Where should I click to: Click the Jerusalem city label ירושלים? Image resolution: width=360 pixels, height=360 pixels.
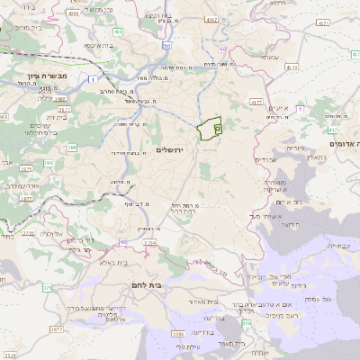coord(169,149)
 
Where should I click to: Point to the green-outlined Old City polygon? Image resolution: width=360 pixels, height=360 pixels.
coord(209,129)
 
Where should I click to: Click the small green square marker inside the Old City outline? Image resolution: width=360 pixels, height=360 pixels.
coord(218,129)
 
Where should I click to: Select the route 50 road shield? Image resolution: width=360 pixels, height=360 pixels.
coord(166,45)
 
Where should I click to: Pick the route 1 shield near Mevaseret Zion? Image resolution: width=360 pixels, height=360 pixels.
coord(94,79)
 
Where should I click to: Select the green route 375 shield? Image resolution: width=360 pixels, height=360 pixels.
coord(47,288)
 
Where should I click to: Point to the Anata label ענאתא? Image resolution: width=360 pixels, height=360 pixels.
coord(270,57)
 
